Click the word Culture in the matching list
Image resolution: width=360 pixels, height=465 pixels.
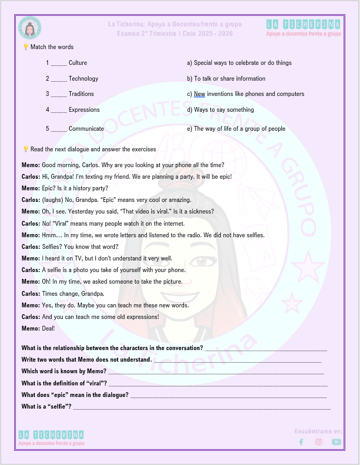tap(78, 63)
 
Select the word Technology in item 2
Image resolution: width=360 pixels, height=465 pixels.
tap(83, 79)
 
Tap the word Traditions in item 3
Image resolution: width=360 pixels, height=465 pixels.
tap(81, 94)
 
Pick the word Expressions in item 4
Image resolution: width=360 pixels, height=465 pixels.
tap(84, 110)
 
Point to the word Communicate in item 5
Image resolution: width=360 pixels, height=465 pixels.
tap(86, 129)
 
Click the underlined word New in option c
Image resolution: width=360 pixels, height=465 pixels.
tap(199, 94)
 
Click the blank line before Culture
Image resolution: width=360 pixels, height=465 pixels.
tap(59, 64)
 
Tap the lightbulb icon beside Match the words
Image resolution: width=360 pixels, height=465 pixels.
tap(25, 47)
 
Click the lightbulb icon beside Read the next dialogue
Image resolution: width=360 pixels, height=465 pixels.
tap(25, 149)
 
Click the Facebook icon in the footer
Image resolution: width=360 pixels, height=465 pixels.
tap(301, 442)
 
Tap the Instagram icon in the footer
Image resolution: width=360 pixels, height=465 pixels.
tap(318, 442)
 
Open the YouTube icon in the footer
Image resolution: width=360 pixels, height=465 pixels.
tap(336, 442)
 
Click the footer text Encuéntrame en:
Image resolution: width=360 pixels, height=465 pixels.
tap(318, 431)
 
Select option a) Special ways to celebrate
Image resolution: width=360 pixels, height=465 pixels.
tap(239, 63)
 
